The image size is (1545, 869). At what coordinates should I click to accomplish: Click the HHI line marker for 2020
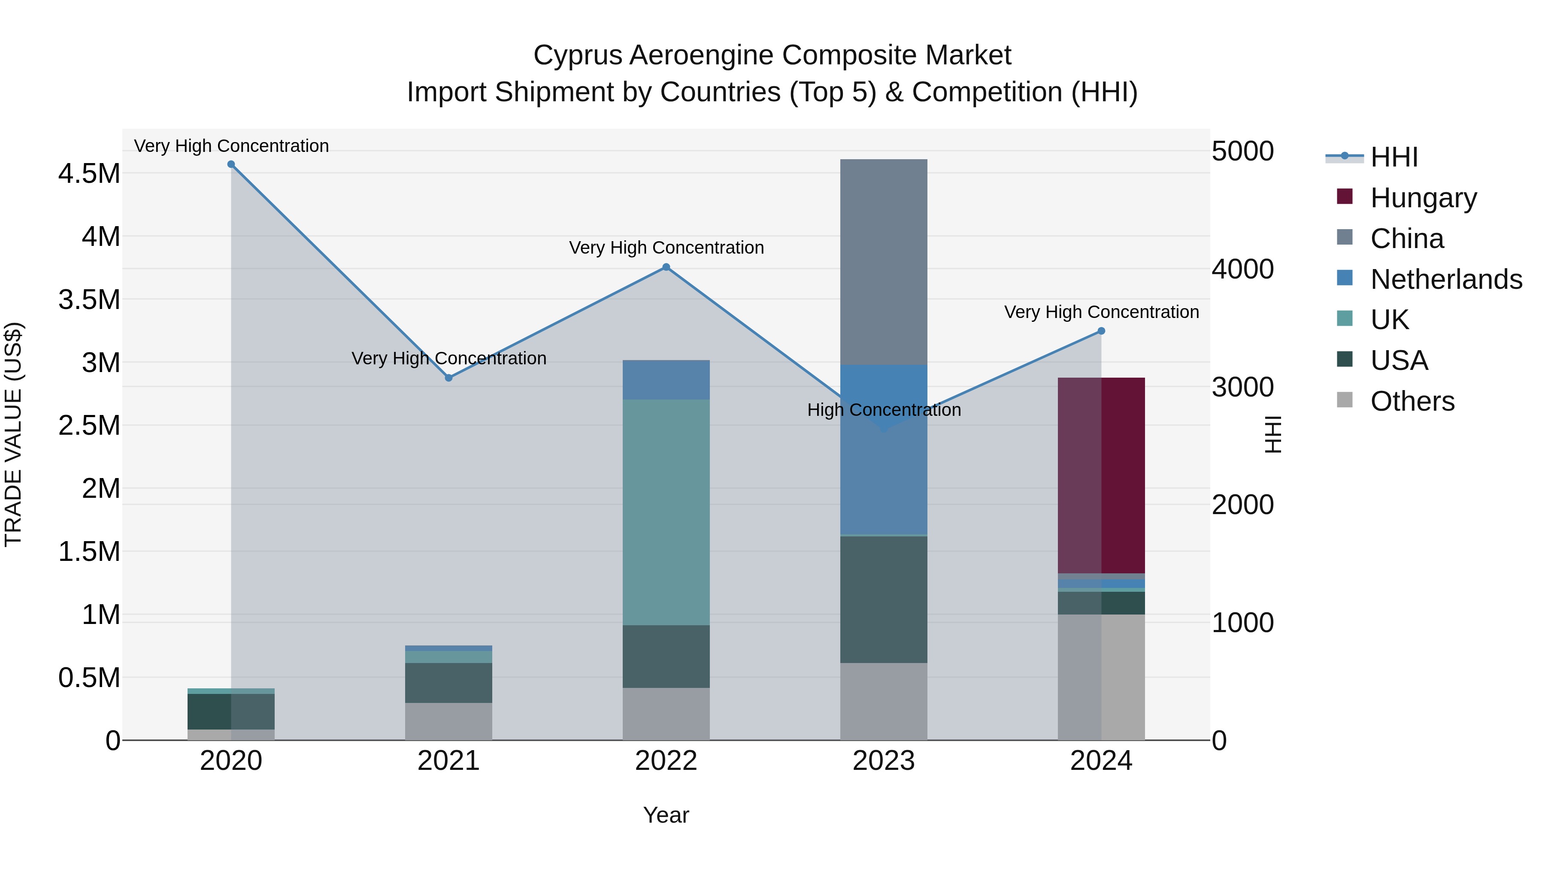[x=231, y=164]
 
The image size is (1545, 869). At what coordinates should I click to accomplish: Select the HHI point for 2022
[x=666, y=267]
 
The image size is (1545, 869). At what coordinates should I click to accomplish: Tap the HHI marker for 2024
[x=1101, y=331]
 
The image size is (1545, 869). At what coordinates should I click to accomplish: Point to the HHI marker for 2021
[x=448, y=378]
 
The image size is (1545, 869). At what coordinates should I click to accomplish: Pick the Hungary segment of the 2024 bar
[x=1101, y=475]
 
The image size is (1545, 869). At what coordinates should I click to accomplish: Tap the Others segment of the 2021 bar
[x=448, y=721]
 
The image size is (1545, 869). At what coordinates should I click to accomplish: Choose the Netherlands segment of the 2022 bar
[x=666, y=380]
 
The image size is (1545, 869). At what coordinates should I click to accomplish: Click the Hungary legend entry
[x=1423, y=198]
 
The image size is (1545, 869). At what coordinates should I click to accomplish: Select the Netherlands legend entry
[x=1446, y=279]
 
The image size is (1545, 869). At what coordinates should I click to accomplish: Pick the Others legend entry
[x=1412, y=401]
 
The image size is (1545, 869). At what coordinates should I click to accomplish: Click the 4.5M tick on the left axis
[x=89, y=174]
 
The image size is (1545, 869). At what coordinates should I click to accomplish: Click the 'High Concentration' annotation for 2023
[x=884, y=410]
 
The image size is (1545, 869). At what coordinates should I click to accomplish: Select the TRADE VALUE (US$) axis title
[x=13, y=434]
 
